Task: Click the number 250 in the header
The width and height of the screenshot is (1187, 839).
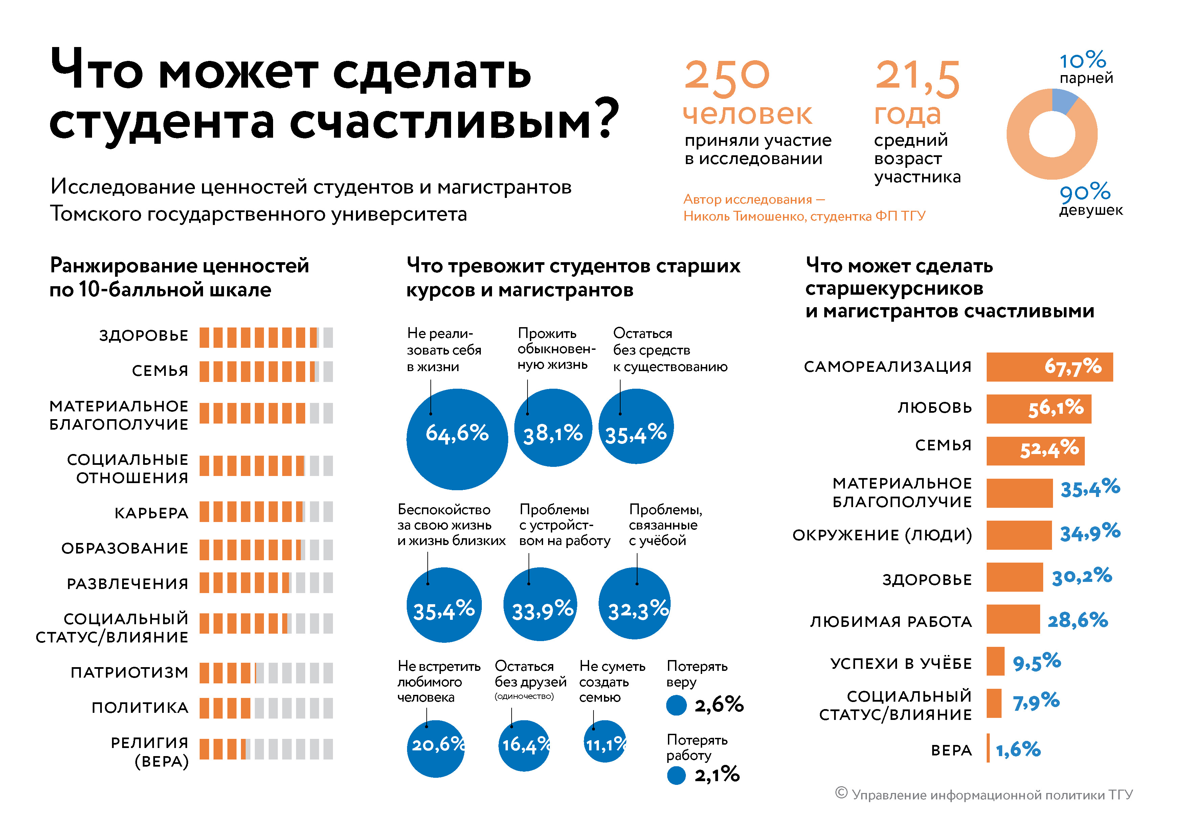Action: pos(726,77)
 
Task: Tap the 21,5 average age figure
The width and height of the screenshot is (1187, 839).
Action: pos(917,77)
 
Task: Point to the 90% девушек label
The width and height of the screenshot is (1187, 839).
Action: pos(1090,199)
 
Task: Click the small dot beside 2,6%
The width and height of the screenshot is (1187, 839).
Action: pos(676,705)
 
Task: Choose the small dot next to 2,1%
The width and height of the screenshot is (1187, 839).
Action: pos(676,775)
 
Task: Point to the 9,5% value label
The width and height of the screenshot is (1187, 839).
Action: pos(1036,662)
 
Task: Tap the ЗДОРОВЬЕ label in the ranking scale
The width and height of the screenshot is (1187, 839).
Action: pos(144,336)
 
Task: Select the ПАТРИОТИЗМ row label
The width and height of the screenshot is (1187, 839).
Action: pos(129,673)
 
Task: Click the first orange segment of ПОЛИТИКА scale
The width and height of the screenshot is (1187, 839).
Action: pos(204,708)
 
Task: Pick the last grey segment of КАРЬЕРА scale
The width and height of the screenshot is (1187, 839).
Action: pos(328,512)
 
